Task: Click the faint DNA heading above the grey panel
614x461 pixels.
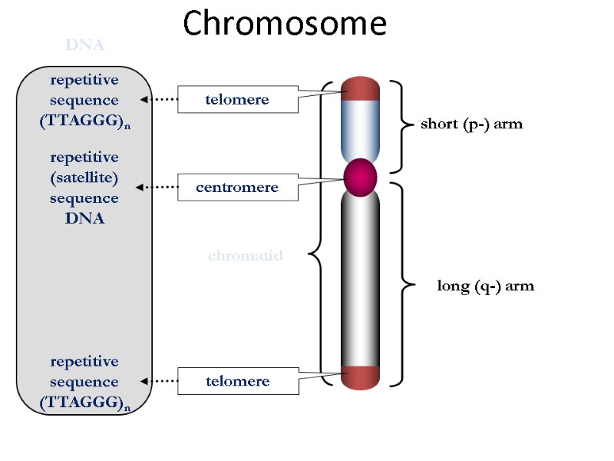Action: coord(84,45)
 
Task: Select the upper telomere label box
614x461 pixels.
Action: coord(238,99)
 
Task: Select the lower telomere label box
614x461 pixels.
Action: coord(238,380)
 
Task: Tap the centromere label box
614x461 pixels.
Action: coord(238,187)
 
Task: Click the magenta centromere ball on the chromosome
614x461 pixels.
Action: coord(361,177)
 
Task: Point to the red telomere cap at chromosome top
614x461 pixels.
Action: coord(361,88)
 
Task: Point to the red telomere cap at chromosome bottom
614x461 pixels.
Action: coord(361,376)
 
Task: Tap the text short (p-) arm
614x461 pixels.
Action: coord(471,124)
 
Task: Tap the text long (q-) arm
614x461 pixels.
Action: coord(485,286)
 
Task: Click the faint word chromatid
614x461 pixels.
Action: coord(246,256)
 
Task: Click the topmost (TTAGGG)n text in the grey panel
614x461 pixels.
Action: coord(84,121)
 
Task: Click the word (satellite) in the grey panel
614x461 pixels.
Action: coord(84,177)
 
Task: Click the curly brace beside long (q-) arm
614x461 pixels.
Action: coord(401,284)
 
